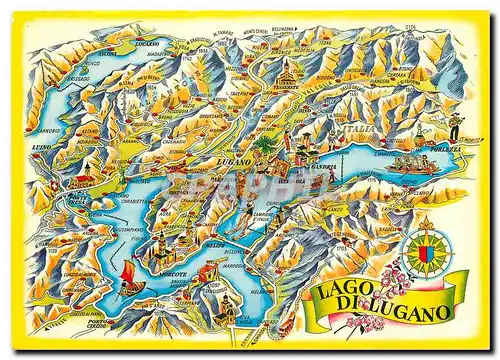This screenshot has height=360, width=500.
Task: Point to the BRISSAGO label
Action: point(68,76)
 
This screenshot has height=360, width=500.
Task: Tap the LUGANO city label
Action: point(232,160)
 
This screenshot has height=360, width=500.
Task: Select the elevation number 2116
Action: point(436,26)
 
